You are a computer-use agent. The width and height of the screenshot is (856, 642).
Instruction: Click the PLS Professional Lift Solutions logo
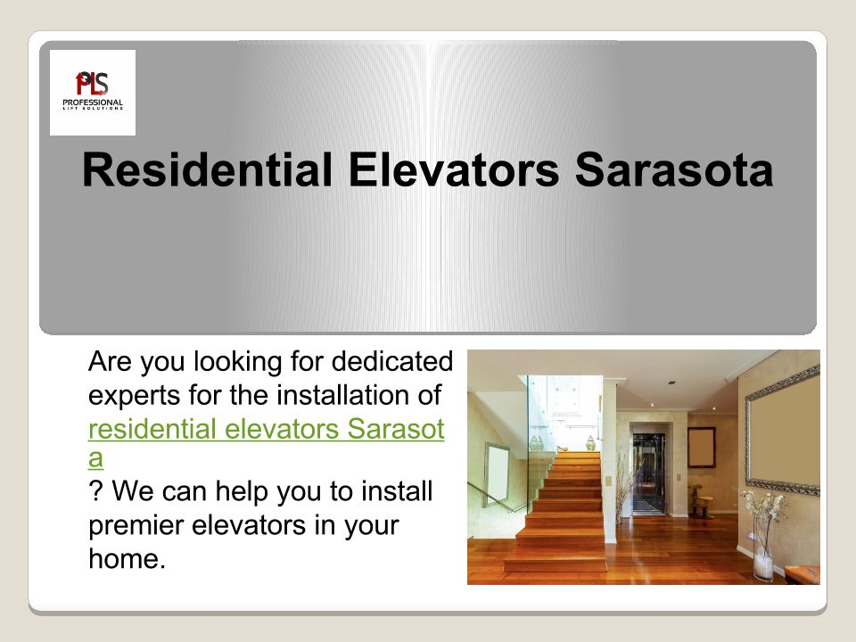93,92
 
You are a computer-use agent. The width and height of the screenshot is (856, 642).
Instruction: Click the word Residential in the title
208,169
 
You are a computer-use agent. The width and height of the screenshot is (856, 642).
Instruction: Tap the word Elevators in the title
454,169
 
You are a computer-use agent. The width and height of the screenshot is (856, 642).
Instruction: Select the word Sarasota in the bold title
674,169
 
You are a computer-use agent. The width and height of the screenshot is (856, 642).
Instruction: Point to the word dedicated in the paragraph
392,361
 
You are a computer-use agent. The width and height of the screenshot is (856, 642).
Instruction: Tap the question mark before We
95,490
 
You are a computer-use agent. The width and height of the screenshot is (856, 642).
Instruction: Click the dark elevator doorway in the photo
648,473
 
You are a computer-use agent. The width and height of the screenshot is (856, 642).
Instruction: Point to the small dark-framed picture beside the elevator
702,447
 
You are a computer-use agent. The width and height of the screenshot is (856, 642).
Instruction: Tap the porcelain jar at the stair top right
590,443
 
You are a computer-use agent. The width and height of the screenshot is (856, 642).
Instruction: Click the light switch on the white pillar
608,481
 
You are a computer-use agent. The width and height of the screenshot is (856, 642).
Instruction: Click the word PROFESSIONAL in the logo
93,102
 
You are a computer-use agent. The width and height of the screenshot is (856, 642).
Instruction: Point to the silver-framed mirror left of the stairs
498,473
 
